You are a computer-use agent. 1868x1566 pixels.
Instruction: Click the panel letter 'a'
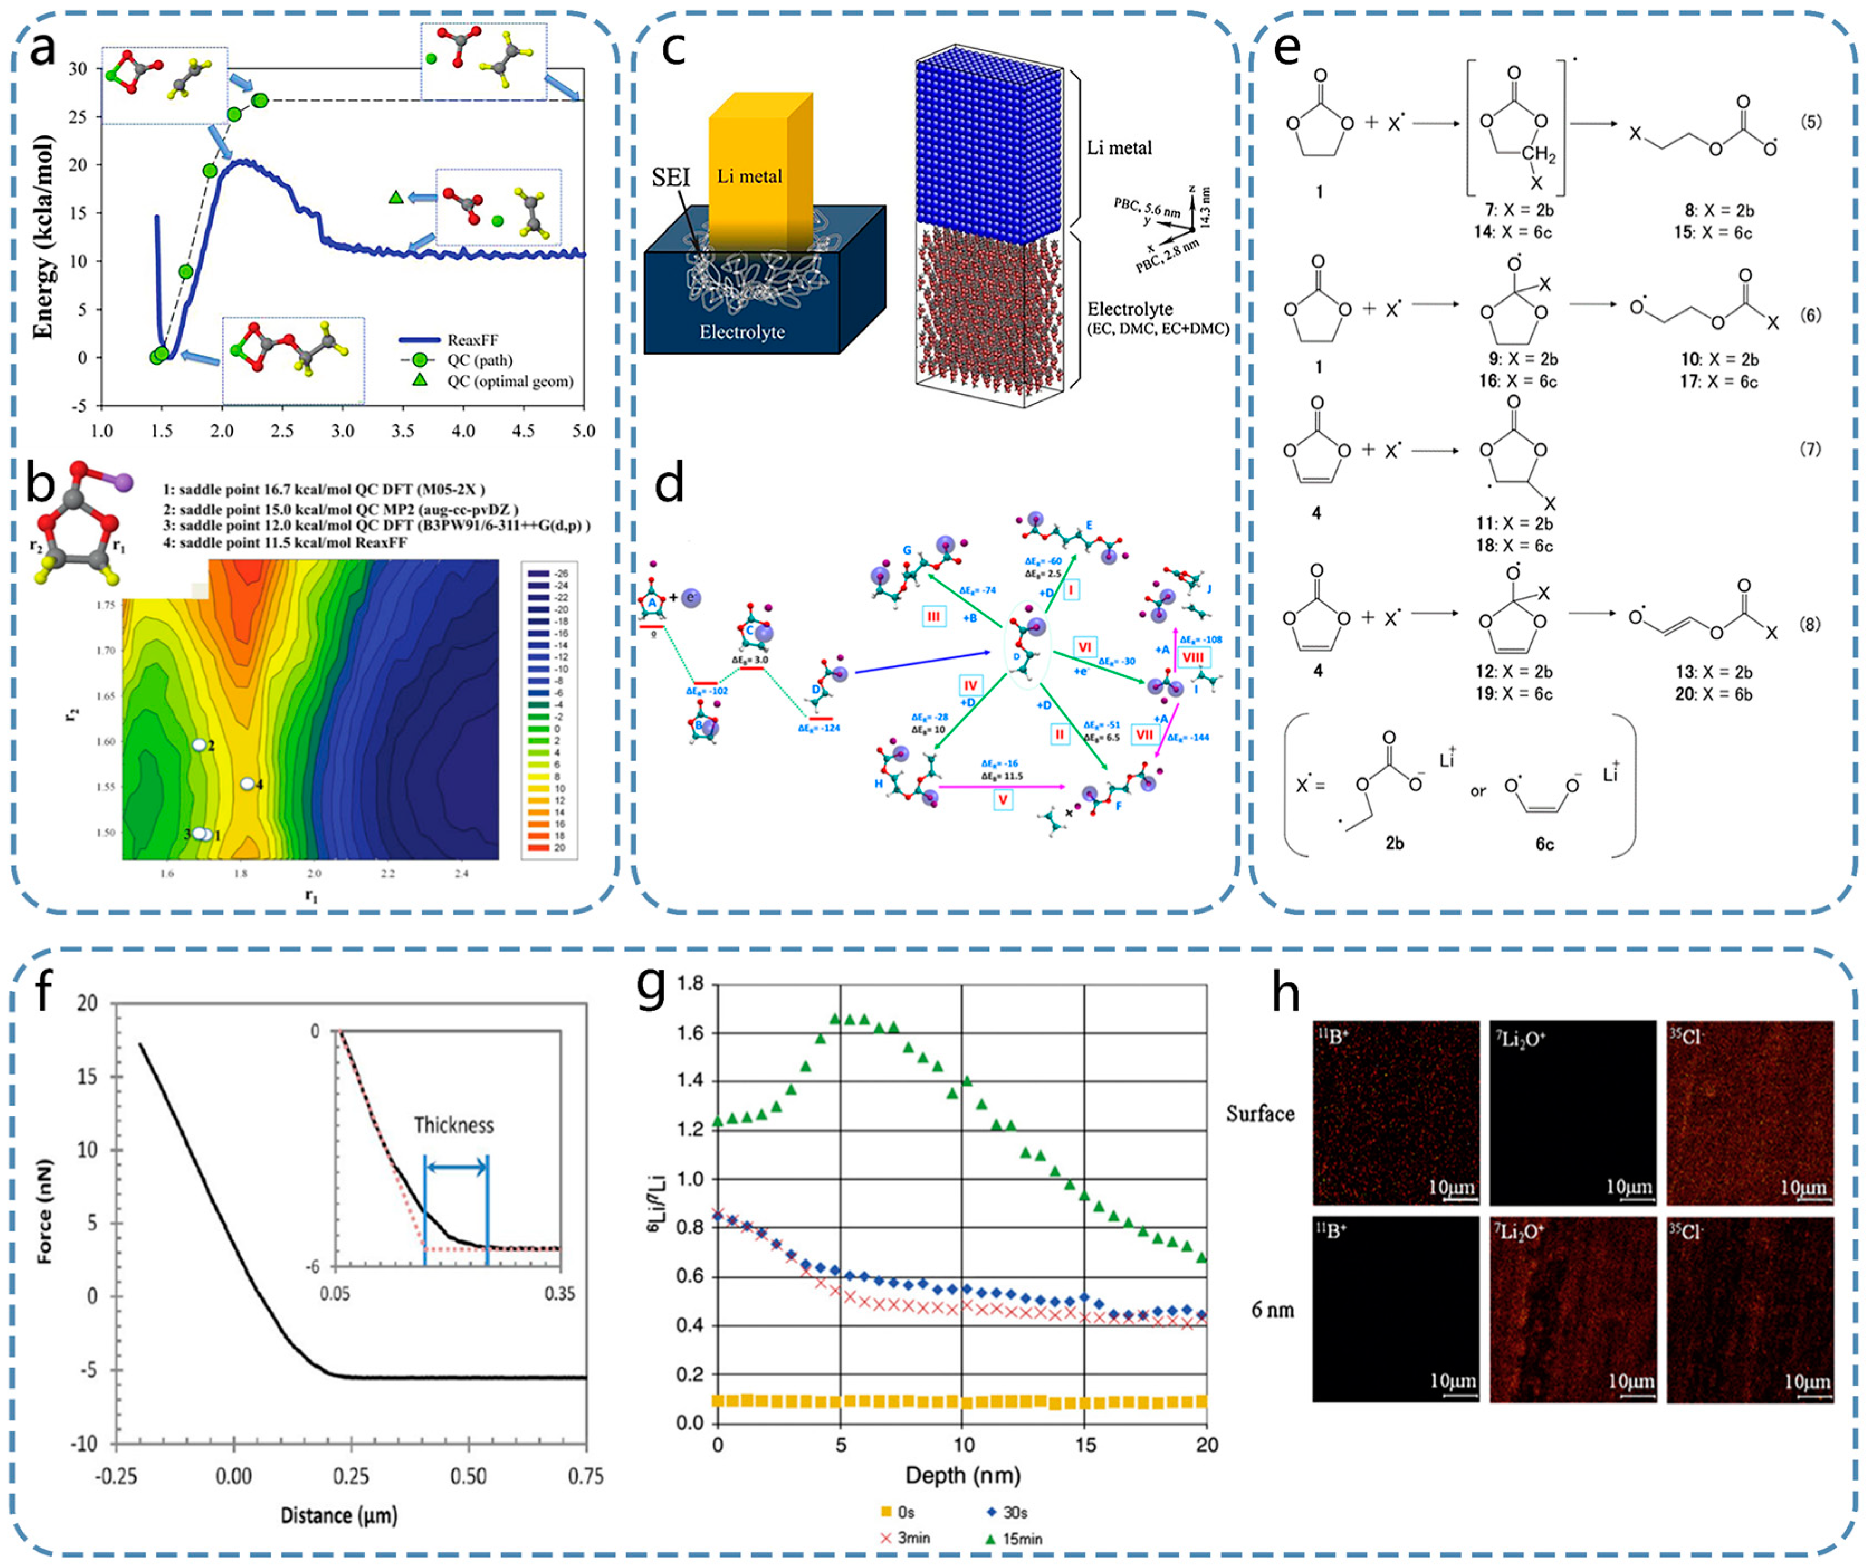click(x=42, y=49)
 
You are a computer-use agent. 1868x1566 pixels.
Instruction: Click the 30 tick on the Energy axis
click(x=78, y=69)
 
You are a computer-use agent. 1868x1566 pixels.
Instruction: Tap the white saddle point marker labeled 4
click(x=248, y=784)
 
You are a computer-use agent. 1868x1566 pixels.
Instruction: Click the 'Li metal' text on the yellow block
click(x=749, y=176)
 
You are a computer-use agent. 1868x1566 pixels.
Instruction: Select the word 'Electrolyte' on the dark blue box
click(x=742, y=332)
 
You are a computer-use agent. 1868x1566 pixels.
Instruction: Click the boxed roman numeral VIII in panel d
click(x=1193, y=657)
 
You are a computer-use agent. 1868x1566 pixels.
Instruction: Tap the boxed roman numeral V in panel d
click(x=1003, y=800)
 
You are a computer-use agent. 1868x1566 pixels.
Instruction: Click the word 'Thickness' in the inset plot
click(x=454, y=1125)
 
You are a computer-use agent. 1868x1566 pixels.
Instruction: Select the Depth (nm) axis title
click(x=962, y=1475)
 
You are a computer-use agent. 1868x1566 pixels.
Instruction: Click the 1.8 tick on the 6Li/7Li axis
click(x=690, y=984)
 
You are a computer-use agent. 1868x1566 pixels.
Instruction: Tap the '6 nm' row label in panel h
click(x=1272, y=1310)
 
